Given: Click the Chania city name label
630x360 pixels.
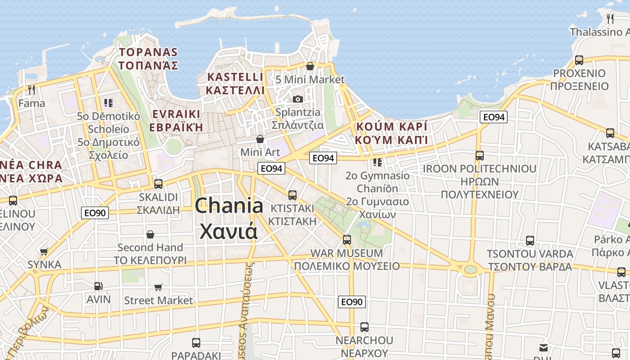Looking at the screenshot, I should (x=229, y=218).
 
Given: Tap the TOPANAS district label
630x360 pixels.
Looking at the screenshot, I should (x=148, y=59).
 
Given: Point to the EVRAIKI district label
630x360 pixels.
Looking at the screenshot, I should (x=176, y=121).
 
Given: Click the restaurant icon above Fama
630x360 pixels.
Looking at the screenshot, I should (x=31, y=90).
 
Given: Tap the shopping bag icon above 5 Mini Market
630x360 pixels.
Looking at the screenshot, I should (x=310, y=67).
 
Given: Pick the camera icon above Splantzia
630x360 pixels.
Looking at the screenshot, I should (x=297, y=99).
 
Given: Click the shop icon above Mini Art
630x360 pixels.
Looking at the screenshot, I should (x=260, y=139).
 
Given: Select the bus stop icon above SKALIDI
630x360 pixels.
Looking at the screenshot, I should (x=158, y=184).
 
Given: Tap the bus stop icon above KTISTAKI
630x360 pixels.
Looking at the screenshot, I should (x=292, y=195).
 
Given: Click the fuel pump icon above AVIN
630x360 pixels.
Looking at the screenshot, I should (x=98, y=286).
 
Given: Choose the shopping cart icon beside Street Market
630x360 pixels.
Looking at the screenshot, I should (x=158, y=287).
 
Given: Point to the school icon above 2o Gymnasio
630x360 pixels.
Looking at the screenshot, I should (x=377, y=162).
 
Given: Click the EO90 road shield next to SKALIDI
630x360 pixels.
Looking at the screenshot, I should (x=95, y=213).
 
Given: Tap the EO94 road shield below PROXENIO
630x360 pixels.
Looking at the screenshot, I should (x=494, y=117).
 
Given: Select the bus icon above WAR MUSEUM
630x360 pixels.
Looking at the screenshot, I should (x=346, y=240).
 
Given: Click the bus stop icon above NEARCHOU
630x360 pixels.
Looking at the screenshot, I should (x=364, y=327).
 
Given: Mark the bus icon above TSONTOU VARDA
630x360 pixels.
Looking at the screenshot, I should (x=530, y=241).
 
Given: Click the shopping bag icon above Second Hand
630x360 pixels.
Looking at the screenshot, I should (x=150, y=234).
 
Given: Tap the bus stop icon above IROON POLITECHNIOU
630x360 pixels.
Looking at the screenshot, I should (x=480, y=156).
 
